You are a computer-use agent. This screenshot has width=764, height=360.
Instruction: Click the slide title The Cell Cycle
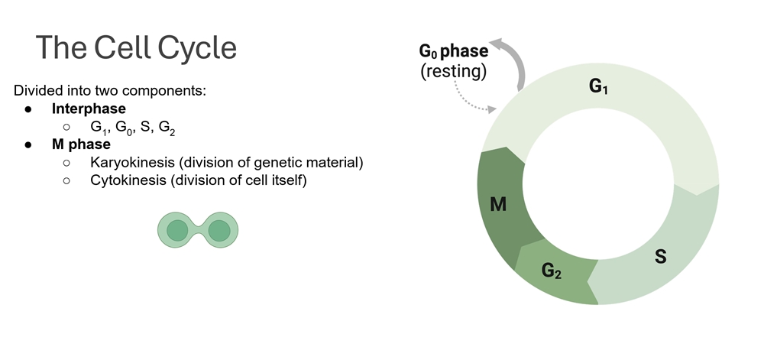point(136,47)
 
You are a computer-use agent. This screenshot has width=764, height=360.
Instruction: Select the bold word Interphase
point(89,109)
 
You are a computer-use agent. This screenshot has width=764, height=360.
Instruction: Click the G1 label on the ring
point(598,87)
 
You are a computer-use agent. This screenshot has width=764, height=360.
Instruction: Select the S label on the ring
point(660,256)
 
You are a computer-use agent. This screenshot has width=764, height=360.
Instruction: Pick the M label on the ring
point(497,205)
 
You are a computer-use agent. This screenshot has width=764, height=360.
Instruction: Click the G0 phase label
point(453,52)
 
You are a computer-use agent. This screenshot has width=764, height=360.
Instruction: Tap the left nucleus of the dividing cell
point(177,229)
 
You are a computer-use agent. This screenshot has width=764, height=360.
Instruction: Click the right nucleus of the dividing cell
point(219,229)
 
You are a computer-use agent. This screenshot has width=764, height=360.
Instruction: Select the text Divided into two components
point(110,90)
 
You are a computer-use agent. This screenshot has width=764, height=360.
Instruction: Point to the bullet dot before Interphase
point(28,109)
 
